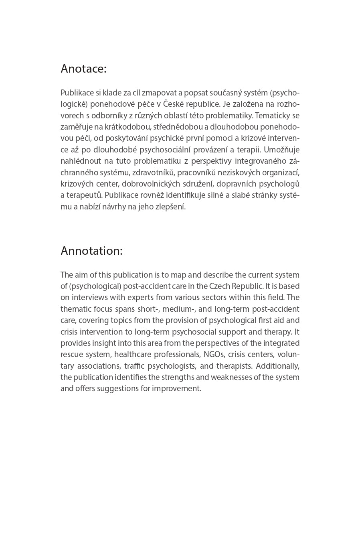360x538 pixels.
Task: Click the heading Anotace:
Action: [83, 69]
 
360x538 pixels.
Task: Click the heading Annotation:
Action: [91, 251]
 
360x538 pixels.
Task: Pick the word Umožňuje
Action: [282, 150]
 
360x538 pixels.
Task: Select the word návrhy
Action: [115, 207]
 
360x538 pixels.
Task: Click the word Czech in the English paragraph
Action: [219, 286]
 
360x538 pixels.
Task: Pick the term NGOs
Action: [214, 355]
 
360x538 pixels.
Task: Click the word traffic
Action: [134, 366]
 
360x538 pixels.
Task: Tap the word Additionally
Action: [277, 366]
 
